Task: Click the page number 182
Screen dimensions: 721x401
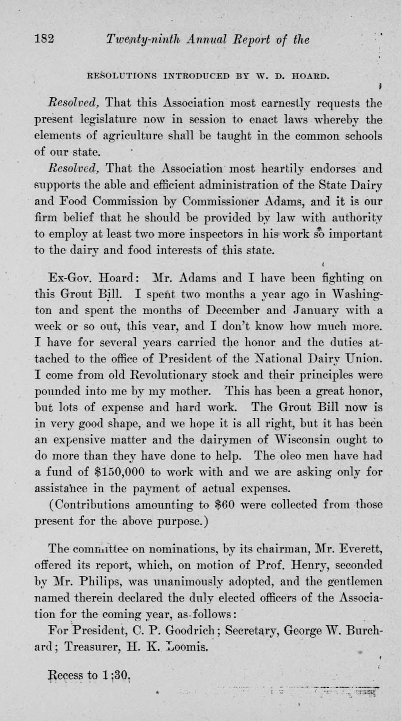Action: coord(44,39)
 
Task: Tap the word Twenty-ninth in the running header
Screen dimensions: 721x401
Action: coord(138,40)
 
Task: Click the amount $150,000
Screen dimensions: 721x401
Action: coord(120,472)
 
